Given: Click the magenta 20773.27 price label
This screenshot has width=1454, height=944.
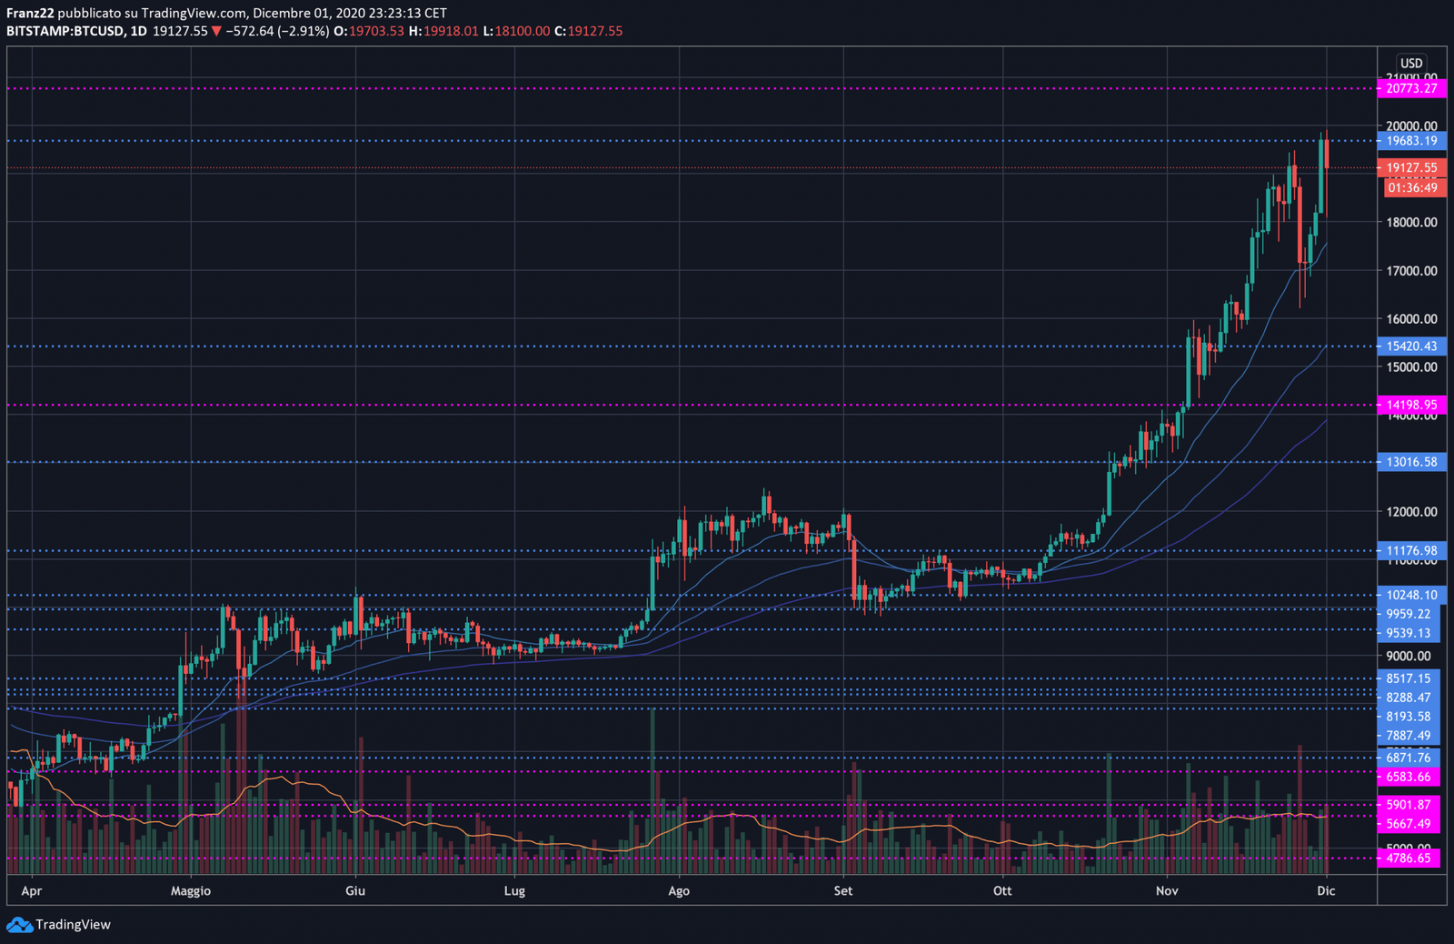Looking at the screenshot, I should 1411,88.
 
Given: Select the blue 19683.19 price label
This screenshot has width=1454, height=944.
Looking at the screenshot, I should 1411,141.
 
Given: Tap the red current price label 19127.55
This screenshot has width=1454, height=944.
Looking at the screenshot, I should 1411,167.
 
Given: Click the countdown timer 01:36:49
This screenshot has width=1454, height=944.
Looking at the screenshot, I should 1412,187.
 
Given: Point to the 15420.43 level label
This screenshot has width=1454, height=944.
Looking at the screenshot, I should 1411,346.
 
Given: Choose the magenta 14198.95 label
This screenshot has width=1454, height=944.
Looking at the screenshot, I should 1411,405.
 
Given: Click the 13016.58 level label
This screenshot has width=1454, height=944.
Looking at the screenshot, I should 1411,462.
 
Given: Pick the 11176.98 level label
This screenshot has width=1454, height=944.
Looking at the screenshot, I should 1411,550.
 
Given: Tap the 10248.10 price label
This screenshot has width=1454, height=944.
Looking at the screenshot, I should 1411,595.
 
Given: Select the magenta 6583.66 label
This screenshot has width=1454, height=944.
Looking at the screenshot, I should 1408,777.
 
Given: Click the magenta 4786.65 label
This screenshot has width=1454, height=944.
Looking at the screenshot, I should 1408,858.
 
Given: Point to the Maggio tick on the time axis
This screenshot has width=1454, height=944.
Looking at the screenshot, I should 191,890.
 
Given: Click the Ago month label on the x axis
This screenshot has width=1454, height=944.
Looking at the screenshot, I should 679,890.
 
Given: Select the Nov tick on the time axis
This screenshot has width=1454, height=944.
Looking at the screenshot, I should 1167,890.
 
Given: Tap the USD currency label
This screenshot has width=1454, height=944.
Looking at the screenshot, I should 1411,64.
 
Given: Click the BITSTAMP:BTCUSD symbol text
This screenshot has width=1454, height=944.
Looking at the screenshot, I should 65,31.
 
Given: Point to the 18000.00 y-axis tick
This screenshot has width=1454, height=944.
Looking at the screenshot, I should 1411,222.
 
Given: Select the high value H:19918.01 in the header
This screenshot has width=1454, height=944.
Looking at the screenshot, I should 443,31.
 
